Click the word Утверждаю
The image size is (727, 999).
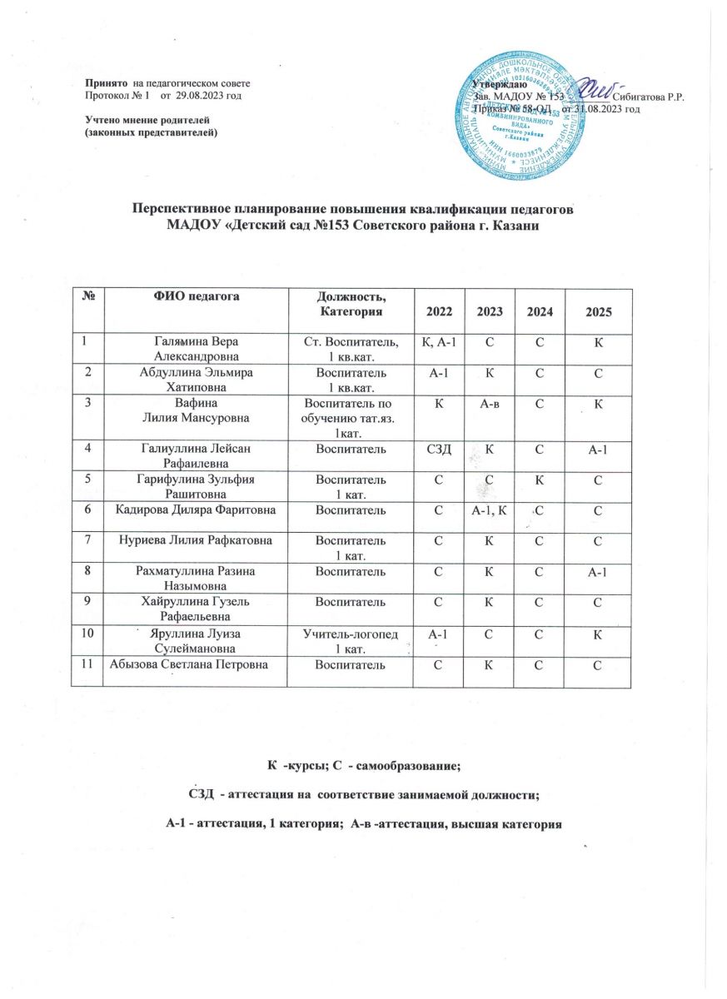[x=498, y=85]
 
